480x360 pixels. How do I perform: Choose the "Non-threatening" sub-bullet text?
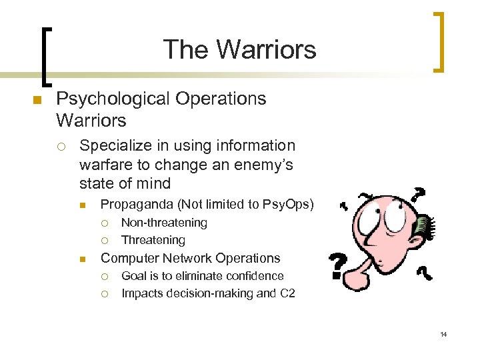pos(164,223)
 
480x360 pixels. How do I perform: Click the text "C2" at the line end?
pos(287,293)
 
